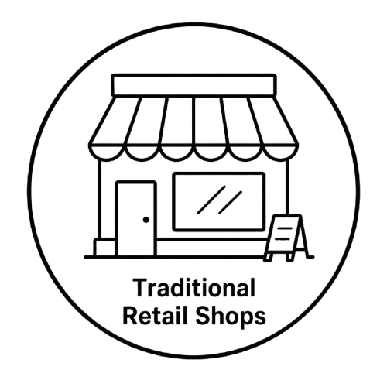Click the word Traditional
(x=194, y=287)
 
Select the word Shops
(x=231, y=317)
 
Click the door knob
(x=146, y=220)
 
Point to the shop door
(x=136, y=219)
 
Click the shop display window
(x=219, y=201)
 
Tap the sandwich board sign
(x=286, y=238)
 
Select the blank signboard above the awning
(x=194, y=84)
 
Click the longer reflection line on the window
(x=211, y=200)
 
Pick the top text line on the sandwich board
(x=283, y=228)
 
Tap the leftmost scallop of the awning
(x=107, y=153)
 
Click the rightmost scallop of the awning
(x=281, y=153)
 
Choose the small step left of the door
(x=104, y=248)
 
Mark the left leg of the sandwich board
(x=267, y=257)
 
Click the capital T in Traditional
(x=140, y=287)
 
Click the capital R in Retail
(x=131, y=315)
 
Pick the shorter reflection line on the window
(x=230, y=203)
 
